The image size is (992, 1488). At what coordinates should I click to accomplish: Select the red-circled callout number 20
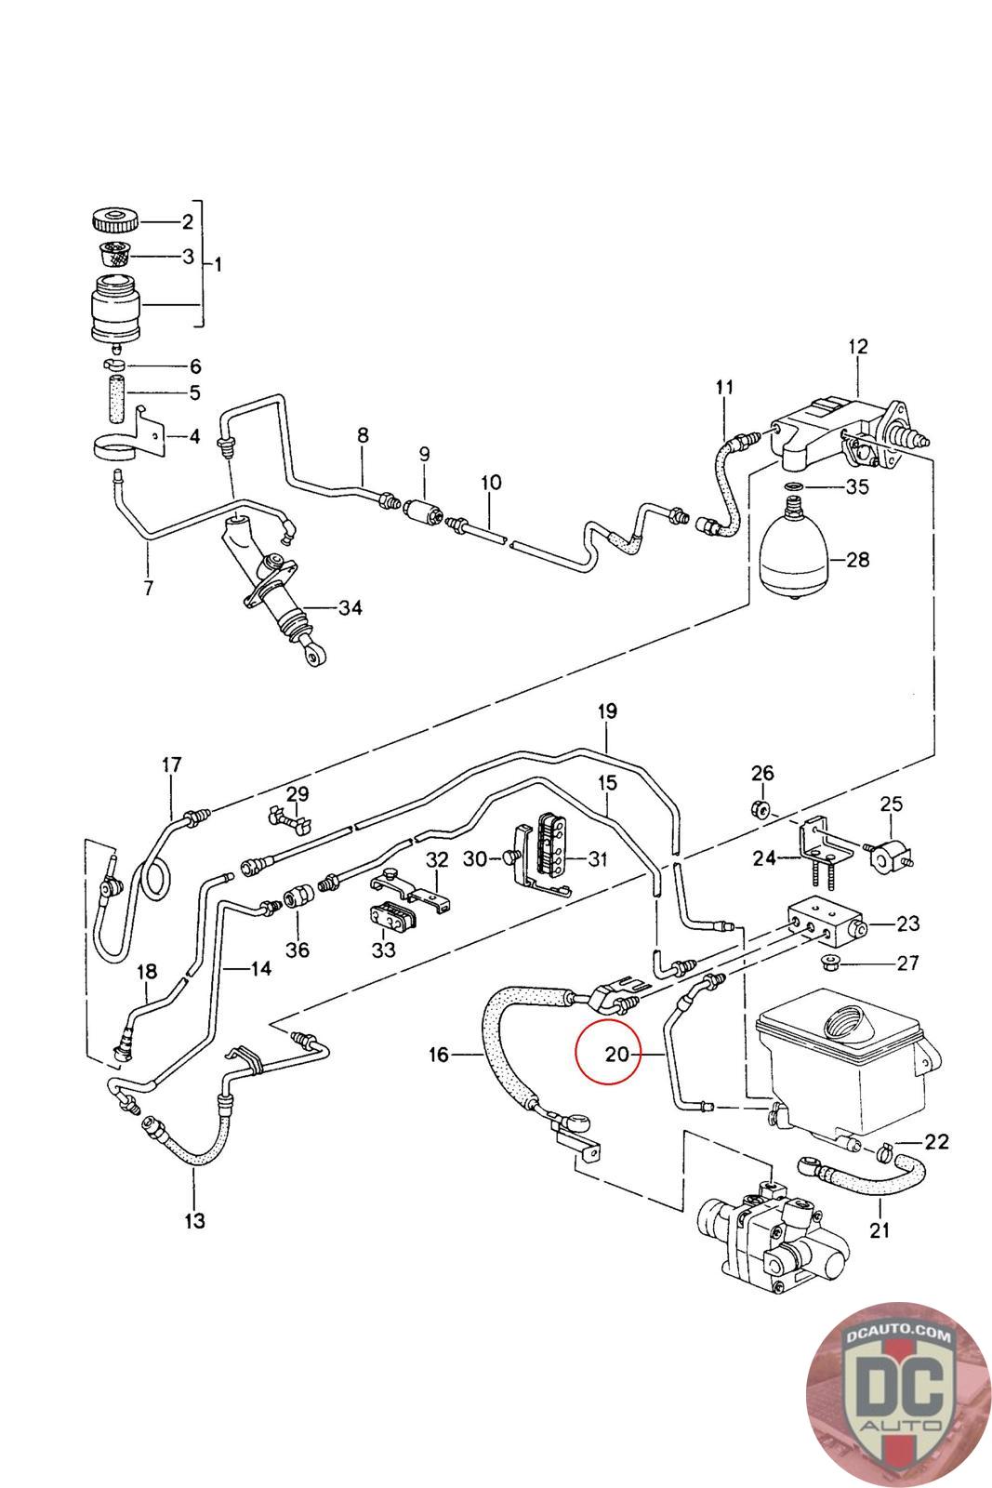616,1054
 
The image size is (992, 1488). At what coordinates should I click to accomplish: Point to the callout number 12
857,347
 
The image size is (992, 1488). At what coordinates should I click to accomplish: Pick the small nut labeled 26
760,807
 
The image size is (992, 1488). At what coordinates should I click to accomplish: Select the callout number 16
439,1055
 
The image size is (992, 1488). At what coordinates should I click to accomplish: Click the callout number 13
194,1220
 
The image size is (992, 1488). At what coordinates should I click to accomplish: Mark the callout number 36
298,950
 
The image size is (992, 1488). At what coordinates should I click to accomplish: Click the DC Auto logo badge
896,1392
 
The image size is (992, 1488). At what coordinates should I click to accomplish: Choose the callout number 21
880,1229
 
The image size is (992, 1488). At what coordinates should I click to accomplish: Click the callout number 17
171,765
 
